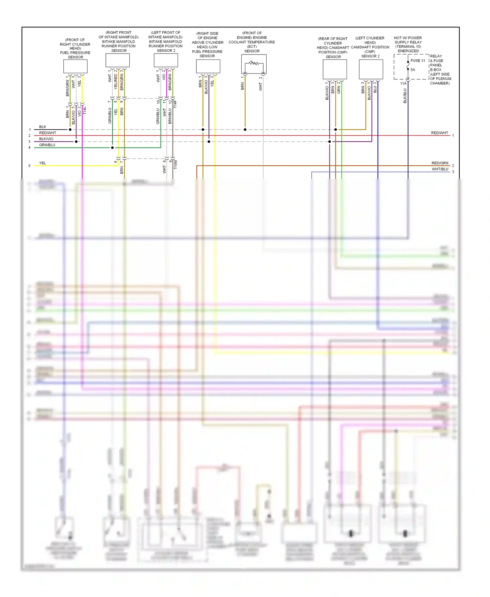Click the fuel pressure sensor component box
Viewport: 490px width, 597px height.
click(x=75, y=67)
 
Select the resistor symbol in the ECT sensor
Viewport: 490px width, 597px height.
click(x=254, y=63)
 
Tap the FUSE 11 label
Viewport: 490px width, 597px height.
click(x=418, y=61)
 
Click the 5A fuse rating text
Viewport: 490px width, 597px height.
click(x=413, y=70)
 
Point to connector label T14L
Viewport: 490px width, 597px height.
click(x=85, y=110)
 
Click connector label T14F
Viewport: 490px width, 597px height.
click(x=175, y=104)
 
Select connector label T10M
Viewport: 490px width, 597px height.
click(x=175, y=164)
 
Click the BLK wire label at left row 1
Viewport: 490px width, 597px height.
click(x=42, y=127)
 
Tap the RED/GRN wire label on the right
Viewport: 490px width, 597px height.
click(x=440, y=163)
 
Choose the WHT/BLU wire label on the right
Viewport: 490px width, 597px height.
click(x=440, y=169)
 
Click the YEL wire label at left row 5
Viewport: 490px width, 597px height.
click(x=42, y=163)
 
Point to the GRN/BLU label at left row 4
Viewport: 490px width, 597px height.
click(x=47, y=145)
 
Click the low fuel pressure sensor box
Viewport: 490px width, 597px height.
click(x=208, y=66)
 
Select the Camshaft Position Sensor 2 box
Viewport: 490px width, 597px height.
click(x=371, y=69)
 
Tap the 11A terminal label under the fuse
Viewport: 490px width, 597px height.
click(x=403, y=84)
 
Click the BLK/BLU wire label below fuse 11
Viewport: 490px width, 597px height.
click(x=405, y=96)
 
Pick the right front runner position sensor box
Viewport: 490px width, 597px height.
click(x=118, y=60)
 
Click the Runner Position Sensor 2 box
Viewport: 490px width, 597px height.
click(x=166, y=60)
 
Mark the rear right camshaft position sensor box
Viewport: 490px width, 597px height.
click(x=335, y=69)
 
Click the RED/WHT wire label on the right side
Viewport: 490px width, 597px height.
click(x=439, y=133)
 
